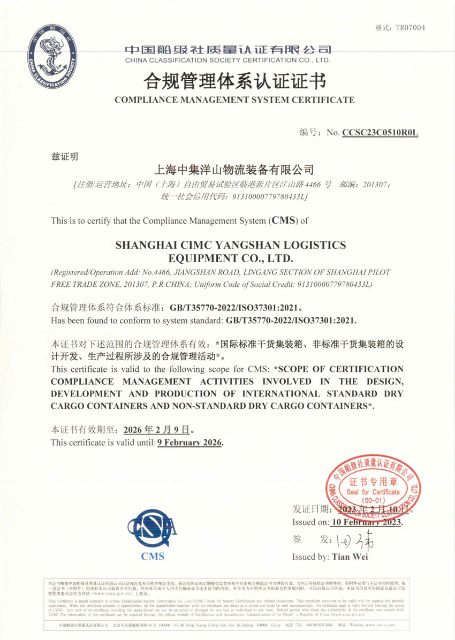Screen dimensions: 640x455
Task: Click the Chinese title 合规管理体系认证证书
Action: [x=234, y=81]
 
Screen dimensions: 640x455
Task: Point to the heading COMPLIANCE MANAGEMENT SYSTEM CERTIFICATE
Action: [x=234, y=100]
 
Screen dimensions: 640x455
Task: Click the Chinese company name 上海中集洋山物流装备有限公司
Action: [x=233, y=171]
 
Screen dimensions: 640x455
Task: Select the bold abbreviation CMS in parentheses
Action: [x=283, y=220]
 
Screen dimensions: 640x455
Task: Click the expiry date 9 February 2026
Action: [x=189, y=443]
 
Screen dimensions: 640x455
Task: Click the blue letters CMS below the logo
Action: [x=153, y=556]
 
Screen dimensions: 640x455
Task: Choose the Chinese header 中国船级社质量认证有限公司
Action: [x=228, y=50]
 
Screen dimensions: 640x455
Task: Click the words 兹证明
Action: [x=64, y=157]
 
